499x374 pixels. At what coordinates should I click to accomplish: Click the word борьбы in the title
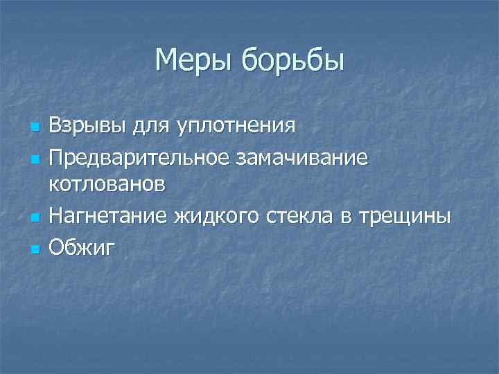[x=291, y=62]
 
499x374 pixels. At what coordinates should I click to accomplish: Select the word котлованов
[x=107, y=185]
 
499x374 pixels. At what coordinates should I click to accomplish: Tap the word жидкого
[x=216, y=217]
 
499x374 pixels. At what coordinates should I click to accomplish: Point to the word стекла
[x=299, y=216]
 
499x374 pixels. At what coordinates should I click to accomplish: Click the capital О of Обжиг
[x=57, y=247]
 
